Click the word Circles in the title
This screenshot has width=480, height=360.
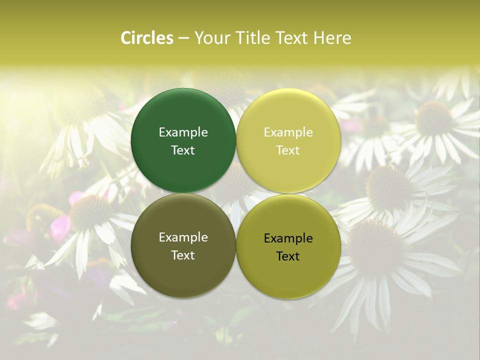pos(147,38)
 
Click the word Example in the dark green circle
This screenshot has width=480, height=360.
pos(183,132)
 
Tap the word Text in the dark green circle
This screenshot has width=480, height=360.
pos(183,150)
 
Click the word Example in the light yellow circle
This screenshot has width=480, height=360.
pos(288,132)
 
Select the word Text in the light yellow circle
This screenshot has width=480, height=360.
pos(288,150)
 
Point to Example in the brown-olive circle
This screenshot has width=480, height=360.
pos(183,237)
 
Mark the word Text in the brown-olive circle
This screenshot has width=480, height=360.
pos(183,255)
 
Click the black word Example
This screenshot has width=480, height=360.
pos(288,238)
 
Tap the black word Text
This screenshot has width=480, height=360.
pos(288,256)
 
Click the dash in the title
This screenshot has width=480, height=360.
pos(183,38)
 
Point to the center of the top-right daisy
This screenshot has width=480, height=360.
pos(433,118)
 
